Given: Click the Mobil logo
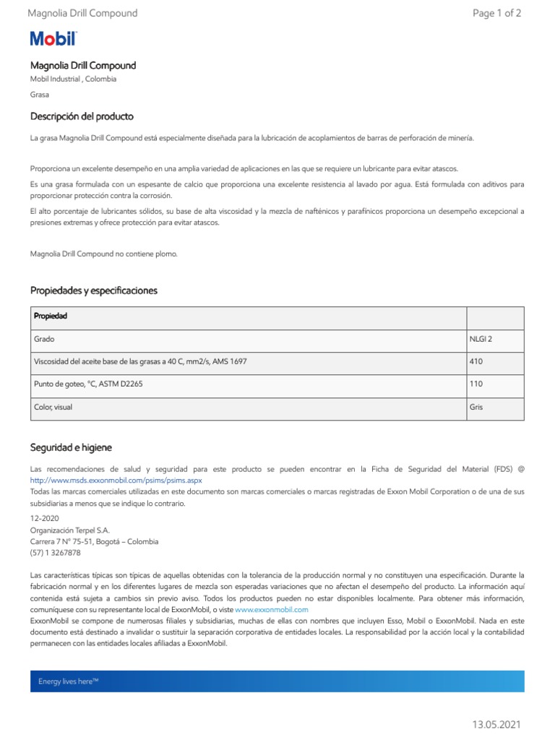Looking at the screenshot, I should [x=53, y=39].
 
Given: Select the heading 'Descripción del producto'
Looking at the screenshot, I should [x=82, y=116].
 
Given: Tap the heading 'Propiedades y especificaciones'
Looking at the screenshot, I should [x=93, y=291].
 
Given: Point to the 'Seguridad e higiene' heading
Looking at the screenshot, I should [x=71, y=447].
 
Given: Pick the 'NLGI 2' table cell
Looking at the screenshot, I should [x=481, y=339].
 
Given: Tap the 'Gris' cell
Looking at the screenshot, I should [x=476, y=407].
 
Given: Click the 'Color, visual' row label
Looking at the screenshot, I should [x=53, y=407].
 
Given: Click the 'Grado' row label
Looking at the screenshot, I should [x=44, y=339].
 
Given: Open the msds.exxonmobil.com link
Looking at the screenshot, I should [x=116, y=480].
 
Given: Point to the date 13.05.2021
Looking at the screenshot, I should [x=496, y=724].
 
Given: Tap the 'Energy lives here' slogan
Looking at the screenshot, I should [x=68, y=681].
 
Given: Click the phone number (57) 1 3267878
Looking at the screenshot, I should [x=56, y=553].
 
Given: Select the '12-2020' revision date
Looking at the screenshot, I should [x=45, y=518].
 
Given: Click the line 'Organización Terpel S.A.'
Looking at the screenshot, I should [x=69, y=530].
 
